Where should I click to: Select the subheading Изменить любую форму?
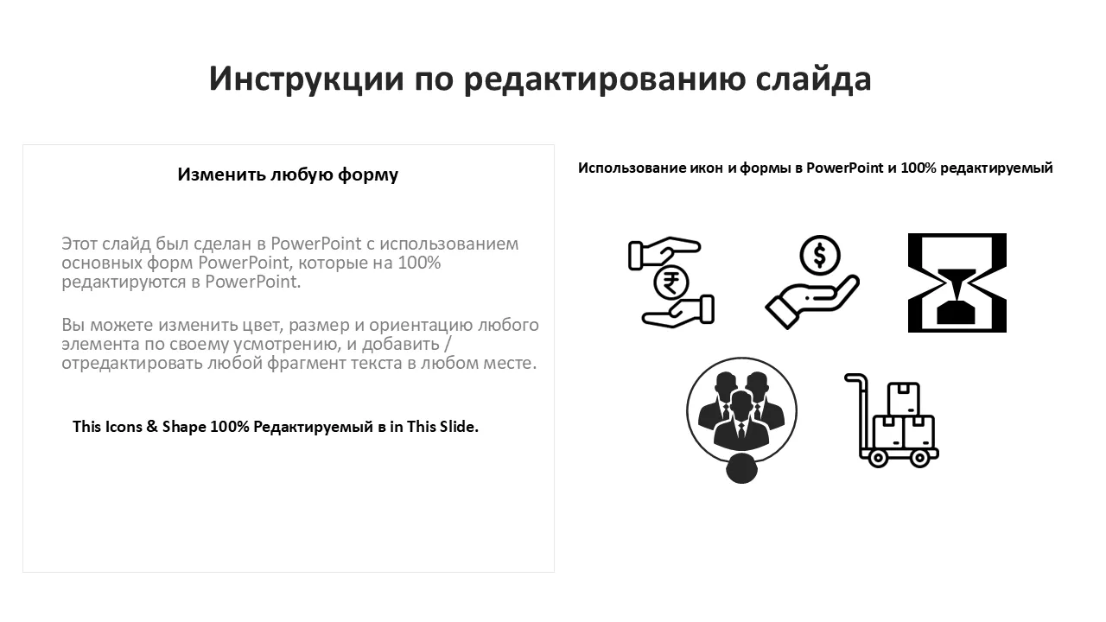[x=288, y=175]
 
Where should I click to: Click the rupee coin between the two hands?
[x=671, y=283]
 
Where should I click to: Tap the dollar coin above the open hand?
[x=820, y=255]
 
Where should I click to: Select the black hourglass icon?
[x=957, y=282]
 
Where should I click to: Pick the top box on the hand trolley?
[x=904, y=398]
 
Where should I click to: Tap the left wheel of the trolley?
[x=877, y=459]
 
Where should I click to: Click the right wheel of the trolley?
[x=919, y=459]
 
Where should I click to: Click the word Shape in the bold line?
[x=184, y=427]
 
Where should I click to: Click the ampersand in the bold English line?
[x=151, y=427]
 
